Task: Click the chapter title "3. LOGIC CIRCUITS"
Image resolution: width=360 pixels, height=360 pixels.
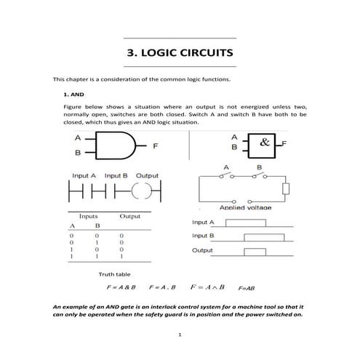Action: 180,53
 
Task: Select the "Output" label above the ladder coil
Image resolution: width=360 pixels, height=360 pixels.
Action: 147,176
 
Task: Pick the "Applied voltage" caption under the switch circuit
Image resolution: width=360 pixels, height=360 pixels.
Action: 244,208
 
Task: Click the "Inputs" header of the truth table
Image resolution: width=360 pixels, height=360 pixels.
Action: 89,217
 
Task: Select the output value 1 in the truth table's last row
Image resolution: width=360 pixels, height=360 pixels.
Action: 121,257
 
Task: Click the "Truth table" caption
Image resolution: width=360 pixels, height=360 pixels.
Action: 114,274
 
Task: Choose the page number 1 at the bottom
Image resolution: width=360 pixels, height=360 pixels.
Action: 180,335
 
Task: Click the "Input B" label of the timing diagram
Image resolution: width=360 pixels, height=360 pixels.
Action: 204,236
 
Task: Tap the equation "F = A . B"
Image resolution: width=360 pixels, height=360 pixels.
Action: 163,288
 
